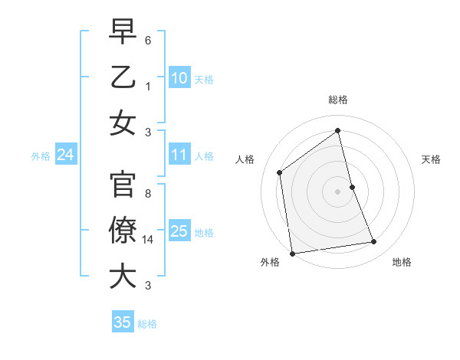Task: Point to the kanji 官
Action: click(123, 186)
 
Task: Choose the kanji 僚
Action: click(123, 231)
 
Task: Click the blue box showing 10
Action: click(179, 77)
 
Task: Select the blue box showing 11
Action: click(179, 155)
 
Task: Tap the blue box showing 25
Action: click(179, 231)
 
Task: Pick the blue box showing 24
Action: click(65, 155)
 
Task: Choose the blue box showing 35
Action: click(123, 322)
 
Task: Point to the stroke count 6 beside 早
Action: click(148, 39)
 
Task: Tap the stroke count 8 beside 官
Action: click(148, 194)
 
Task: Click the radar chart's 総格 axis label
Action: click(338, 100)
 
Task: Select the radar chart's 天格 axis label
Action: click(431, 159)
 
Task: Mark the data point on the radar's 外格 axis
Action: click(292, 253)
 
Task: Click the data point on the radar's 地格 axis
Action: click(374, 242)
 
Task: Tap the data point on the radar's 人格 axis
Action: click(280, 172)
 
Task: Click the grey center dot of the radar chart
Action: click(338, 191)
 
